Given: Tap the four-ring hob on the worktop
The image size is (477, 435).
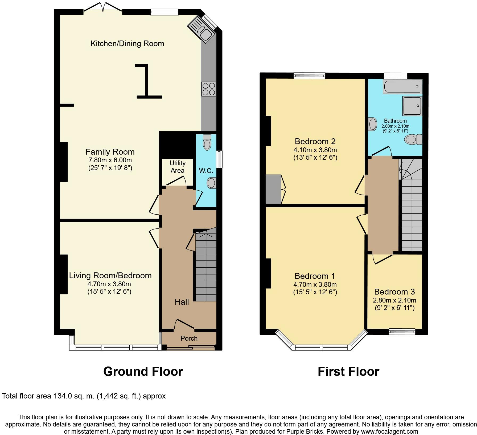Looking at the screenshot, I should [x=209, y=89].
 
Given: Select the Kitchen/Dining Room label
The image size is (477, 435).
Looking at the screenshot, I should [x=127, y=43].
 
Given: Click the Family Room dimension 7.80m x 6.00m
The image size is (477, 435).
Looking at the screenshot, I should [x=110, y=160].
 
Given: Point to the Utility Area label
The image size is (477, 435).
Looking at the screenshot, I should [x=177, y=167].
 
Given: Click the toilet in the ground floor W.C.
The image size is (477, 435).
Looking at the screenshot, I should [x=207, y=142].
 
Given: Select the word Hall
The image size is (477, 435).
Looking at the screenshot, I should [x=182, y=302].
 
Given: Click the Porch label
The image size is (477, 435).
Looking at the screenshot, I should [x=189, y=338].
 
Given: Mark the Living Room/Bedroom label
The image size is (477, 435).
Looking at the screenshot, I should [x=110, y=275].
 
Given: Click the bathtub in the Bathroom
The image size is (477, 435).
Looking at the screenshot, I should [x=402, y=86].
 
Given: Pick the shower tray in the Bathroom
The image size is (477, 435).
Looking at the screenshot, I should [x=412, y=106].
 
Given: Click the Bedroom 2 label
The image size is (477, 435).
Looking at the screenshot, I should [x=315, y=141].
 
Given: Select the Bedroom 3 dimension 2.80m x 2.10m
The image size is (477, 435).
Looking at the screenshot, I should [x=394, y=300].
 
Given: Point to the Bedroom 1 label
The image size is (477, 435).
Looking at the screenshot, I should [x=315, y=276].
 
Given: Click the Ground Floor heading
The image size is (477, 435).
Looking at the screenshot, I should [x=143, y=371].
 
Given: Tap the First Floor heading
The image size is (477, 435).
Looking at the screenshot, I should [x=348, y=371].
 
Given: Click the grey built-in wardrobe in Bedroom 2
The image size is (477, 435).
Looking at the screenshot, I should [x=273, y=189].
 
